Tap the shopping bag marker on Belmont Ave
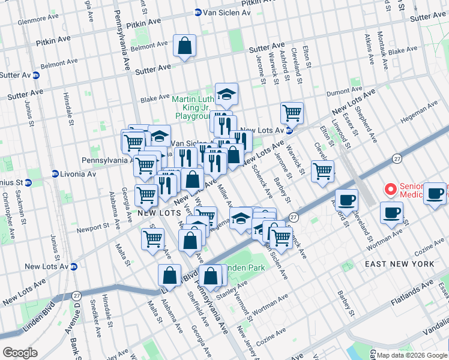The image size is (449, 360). click(184, 46)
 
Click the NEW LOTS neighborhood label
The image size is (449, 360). click(158, 212)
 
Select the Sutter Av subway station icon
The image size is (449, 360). click(36, 75)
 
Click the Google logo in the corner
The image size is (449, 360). click(20, 353)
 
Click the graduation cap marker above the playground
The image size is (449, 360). click(226, 94)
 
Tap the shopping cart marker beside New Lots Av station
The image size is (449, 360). click(292, 112)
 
